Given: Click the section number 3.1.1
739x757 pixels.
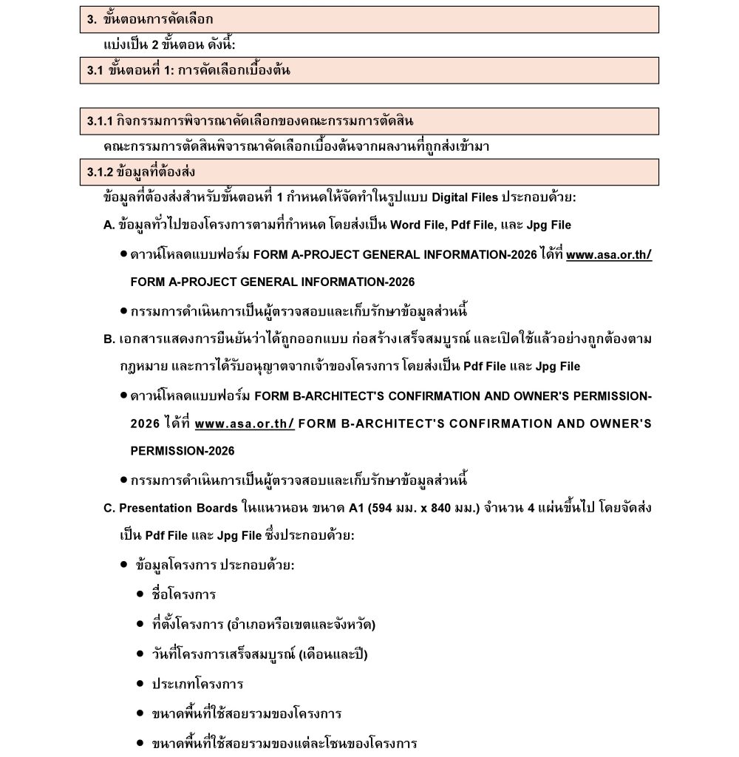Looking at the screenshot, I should click(101, 121).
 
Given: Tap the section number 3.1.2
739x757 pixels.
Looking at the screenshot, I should click(101, 172).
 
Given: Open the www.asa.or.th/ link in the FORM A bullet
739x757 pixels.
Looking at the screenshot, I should click(609, 255).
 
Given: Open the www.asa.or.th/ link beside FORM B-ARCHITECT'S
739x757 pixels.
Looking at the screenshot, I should click(245, 424).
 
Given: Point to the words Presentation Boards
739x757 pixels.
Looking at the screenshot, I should click(178, 508).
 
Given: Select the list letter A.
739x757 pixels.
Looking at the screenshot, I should click(109, 225).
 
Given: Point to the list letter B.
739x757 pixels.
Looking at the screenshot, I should click(109, 339).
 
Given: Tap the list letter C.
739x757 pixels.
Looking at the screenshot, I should click(109, 508).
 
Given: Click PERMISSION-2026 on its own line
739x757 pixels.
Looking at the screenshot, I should click(183, 451).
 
